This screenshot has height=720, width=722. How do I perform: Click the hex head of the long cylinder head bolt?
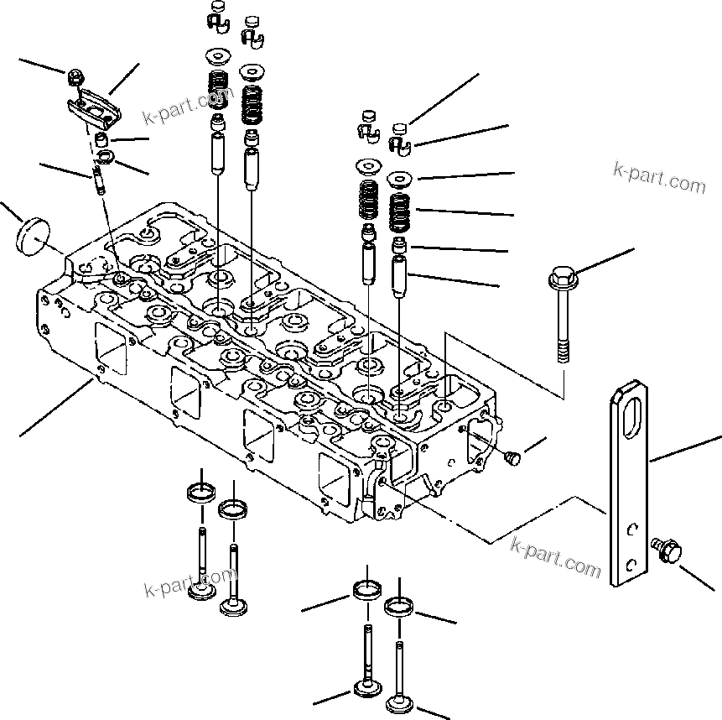click(560, 275)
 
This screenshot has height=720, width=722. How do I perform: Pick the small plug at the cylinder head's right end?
click(513, 457)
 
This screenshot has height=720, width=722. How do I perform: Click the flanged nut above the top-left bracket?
click(73, 79)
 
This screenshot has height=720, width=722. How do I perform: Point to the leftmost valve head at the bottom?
click(201, 592)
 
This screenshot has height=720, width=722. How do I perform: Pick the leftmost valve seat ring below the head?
click(200, 490)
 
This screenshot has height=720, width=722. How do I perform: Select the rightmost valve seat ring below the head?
click(399, 606)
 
